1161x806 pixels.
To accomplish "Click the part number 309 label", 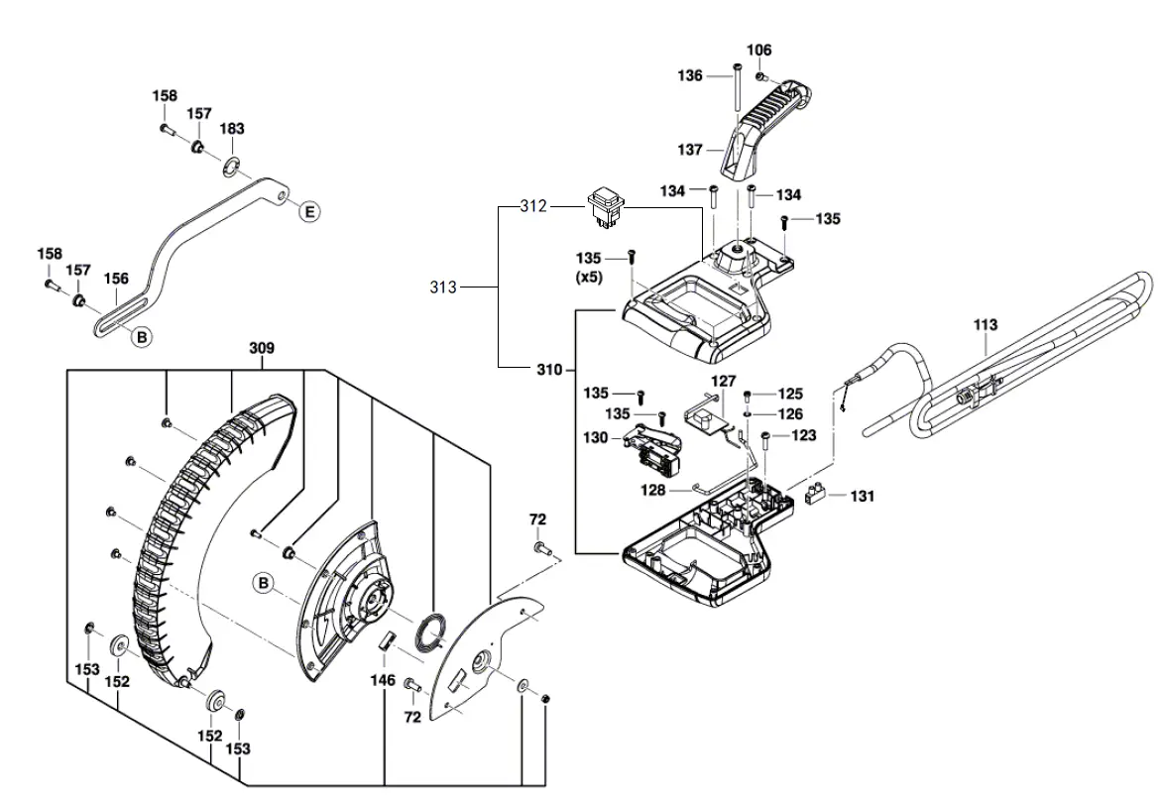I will point(262,349).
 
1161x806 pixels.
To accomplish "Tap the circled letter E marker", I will point(308,211).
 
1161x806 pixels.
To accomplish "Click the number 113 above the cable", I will point(986,324).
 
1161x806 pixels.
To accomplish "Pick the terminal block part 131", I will point(819,494).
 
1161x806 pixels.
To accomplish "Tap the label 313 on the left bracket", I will point(444,288).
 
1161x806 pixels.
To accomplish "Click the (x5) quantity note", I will point(589,278).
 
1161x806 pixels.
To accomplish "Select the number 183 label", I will point(232,129).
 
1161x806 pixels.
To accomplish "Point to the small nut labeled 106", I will point(759,76).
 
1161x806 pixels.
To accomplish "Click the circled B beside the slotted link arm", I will point(142,337).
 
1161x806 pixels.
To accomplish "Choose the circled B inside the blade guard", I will point(263,583).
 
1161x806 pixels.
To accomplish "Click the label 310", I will point(548,370).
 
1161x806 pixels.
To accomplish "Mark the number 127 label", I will point(723,381).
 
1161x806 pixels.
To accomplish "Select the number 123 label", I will point(803,434).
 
